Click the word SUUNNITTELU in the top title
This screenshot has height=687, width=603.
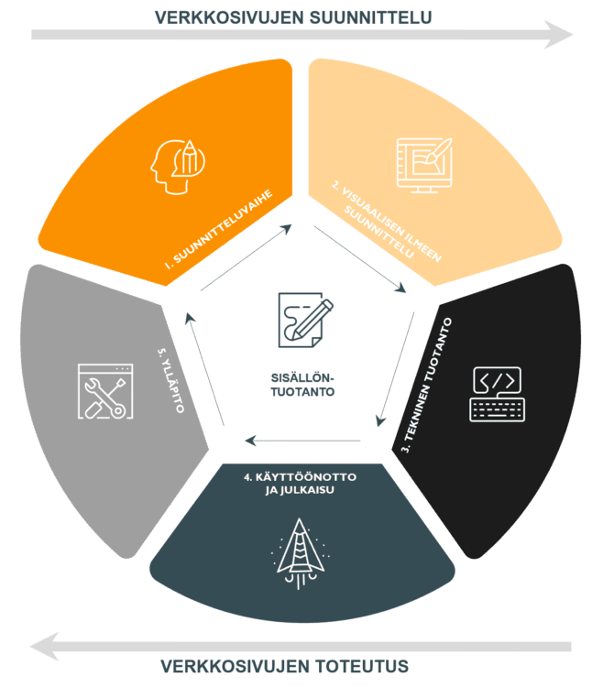(x=370, y=18)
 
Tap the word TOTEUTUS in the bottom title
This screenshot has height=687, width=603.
(x=362, y=667)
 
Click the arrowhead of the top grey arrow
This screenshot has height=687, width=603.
(x=558, y=35)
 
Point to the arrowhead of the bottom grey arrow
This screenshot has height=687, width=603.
(x=44, y=647)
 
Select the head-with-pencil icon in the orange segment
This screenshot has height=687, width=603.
(x=178, y=167)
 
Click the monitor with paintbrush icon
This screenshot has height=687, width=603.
(x=424, y=165)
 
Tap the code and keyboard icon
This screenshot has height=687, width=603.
(x=498, y=394)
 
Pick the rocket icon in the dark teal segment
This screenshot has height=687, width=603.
(x=300, y=553)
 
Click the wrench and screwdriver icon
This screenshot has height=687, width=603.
(x=105, y=391)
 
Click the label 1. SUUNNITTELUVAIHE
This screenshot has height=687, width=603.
(x=219, y=229)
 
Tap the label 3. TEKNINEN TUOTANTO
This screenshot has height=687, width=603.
(x=427, y=385)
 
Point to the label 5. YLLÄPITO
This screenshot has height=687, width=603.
(x=170, y=380)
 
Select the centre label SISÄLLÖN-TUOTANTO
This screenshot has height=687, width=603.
(x=302, y=385)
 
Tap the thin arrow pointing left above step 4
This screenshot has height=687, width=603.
(x=302, y=441)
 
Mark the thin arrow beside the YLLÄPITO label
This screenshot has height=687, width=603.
(x=204, y=369)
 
